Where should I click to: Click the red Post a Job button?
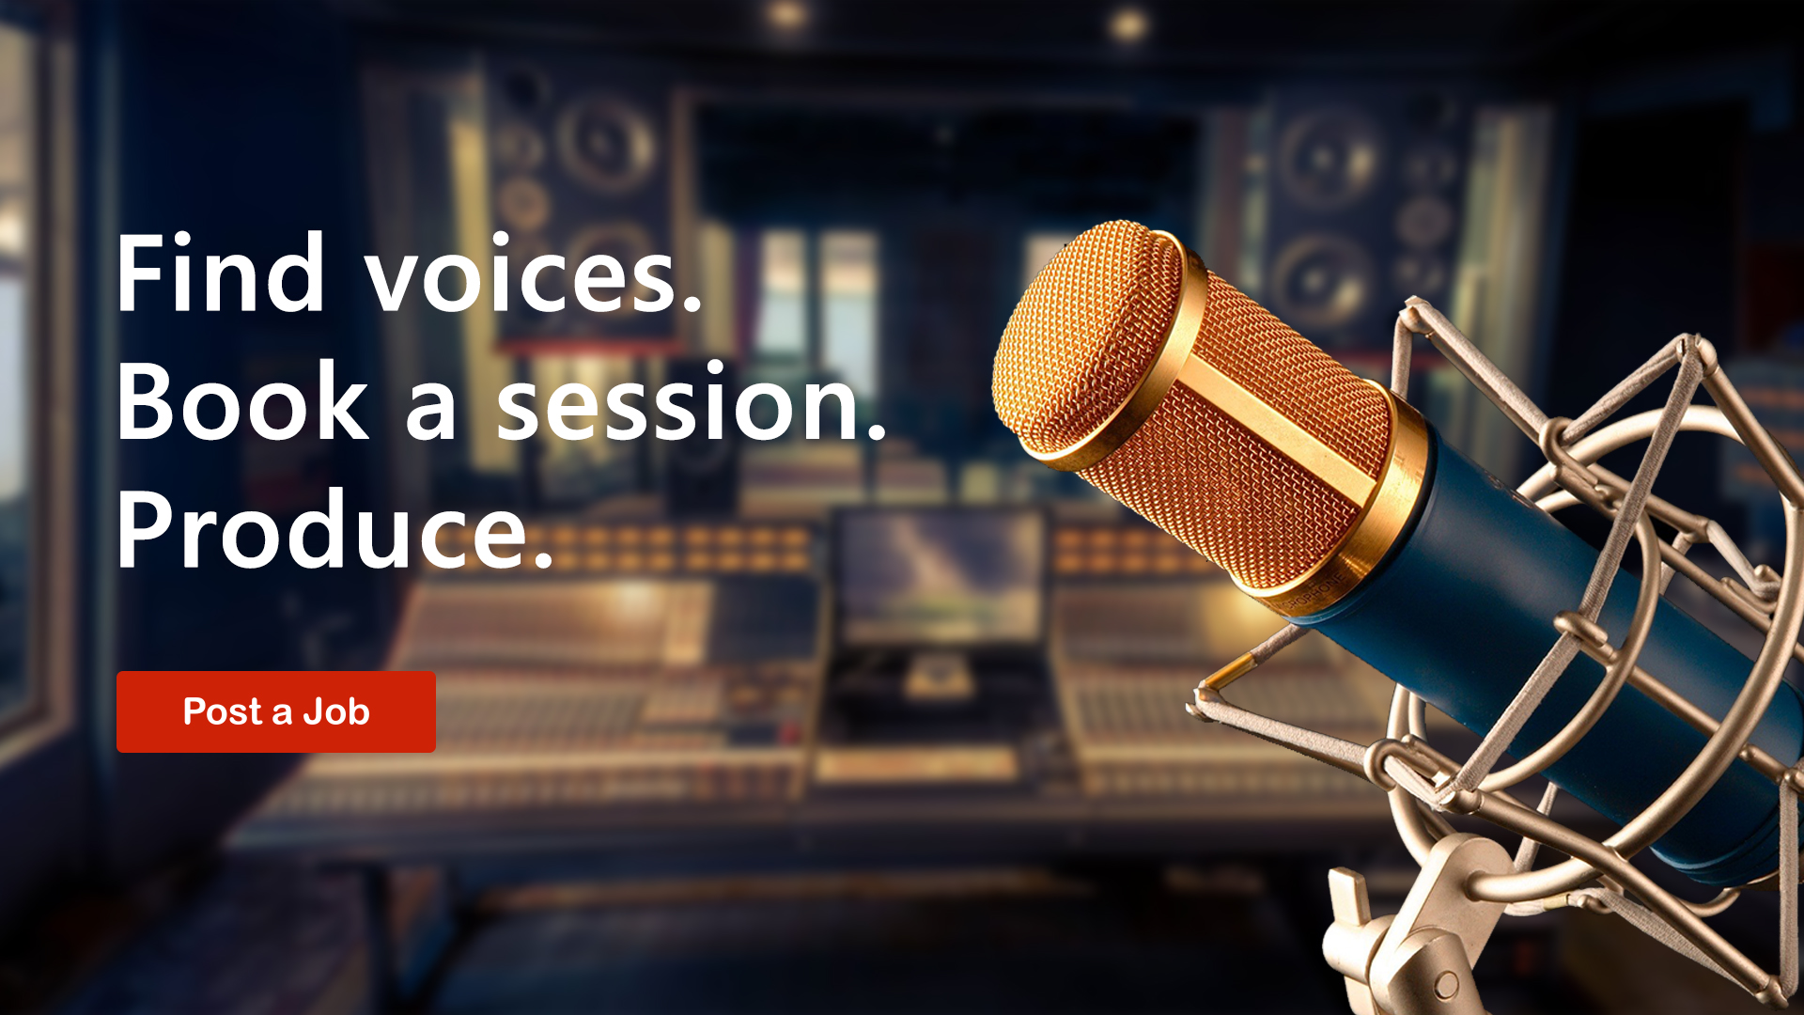[x=275, y=711]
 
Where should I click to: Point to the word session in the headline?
[x=690, y=402]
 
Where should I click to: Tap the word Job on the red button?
[x=335, y=711]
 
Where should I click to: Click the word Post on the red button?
[x=222, y=711]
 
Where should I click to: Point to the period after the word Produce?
[x=543, y=560]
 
